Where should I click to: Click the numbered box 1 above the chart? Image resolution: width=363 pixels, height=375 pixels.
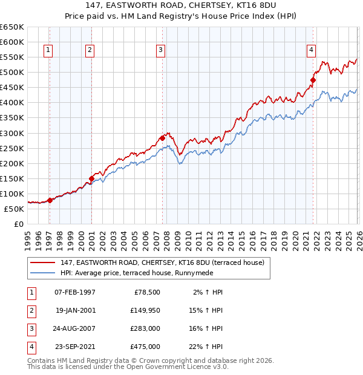pyautogui.click(x=48, y=50)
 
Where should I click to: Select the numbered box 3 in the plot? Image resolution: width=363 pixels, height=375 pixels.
pyautogui.click(x=161, y=50)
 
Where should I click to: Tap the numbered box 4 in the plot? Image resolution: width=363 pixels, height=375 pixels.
pyautogui.click(x=311, y=50)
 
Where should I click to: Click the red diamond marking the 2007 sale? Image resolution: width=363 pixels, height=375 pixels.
pyautogui.click(x=162, y=138)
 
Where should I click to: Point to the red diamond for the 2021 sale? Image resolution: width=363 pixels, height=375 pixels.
pyautogui.click(x=313, y=79)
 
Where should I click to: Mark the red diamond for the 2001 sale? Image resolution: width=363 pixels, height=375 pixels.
pyautogui.click(x=91, y=178)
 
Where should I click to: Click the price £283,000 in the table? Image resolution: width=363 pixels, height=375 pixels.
pyautogui.click(x=145, y=330)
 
